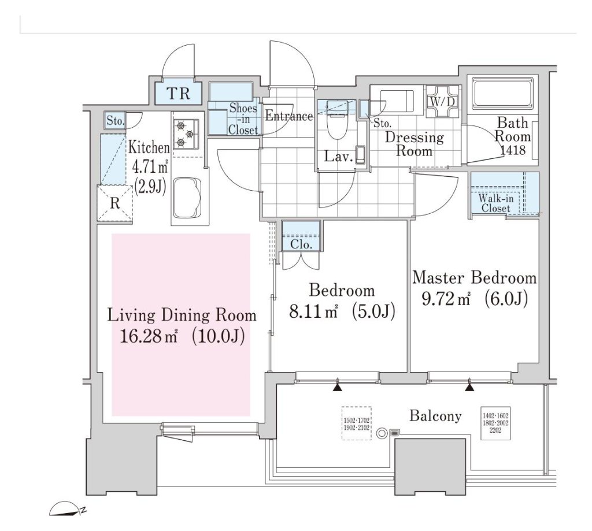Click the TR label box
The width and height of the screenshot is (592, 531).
click(x=178, y=93)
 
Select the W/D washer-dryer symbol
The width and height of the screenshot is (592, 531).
click(x=442, y=101)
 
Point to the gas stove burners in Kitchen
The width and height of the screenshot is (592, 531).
click(x=186, y=134)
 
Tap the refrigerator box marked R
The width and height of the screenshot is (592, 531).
click(x=115, y=203)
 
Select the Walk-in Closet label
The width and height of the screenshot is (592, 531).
click(x=495, y=203)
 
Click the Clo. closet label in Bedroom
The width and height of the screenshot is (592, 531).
click(x=301, y=244)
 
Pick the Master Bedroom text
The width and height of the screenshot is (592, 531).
click(x=474, y=278)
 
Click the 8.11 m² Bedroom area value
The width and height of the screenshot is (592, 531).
click(x=313, y=312)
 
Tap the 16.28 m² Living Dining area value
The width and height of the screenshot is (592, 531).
click(x=148, y=336)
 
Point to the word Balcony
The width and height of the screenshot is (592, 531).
click(x=435, y=416)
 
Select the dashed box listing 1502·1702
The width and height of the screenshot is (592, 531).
click(x=356, y=424)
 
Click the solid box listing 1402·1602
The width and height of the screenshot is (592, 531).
click(x=495, y=423)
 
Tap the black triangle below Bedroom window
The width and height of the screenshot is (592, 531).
click(x=338, y=387)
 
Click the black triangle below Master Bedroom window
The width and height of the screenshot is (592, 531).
click(x=469, y=387)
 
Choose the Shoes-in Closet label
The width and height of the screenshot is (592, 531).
click(x=243, y=119)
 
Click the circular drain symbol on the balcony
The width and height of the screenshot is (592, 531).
click(x=382, y=433)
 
